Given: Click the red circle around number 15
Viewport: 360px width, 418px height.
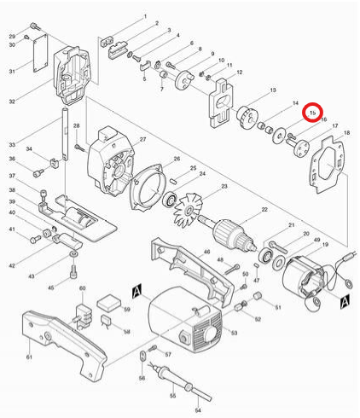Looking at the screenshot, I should [x=313, y=112].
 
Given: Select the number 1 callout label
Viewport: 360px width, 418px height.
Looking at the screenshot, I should [x=145, y=17].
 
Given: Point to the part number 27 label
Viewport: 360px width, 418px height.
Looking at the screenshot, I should [x=142, y=139].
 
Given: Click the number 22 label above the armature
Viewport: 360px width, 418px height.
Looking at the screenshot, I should [x=264, y=209].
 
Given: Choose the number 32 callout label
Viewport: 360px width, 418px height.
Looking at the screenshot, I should [x=12, y=102].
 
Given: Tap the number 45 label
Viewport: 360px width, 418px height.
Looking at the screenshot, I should [x=50, y=287].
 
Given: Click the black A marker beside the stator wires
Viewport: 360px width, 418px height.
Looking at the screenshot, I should [x=344, y=301].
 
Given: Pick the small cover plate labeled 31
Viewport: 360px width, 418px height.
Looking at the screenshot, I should [x=37, y=55].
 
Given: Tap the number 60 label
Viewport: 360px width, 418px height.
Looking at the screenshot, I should [x=83, y=289].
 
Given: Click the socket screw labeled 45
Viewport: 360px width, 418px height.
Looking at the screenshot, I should [x=75, y=275].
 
